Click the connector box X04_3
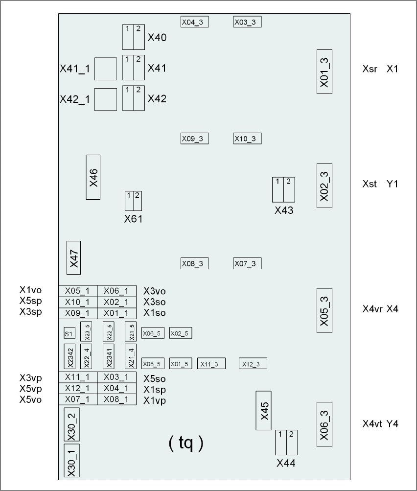click(x=195, y=22)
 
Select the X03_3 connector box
click(x=248, y=22)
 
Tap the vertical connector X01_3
click(x=324, y=71)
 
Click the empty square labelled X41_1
click(x=105, y=69)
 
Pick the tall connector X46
click(x=93, y=177)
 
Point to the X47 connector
click(x=73, y=257)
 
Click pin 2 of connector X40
click(x=139, y=37)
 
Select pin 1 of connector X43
click(x=278, y=189)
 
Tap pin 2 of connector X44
click(x=291, y=443)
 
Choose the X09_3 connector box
click(x=195, y=139)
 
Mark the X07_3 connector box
click(x=248, y=264)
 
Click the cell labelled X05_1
click(x=78, y=291)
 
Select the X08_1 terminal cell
click(x=116, y=399)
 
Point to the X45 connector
click(x=264, y=410)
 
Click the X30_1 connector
click(x=71, y=461)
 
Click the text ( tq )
click(x=185, y=444)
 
